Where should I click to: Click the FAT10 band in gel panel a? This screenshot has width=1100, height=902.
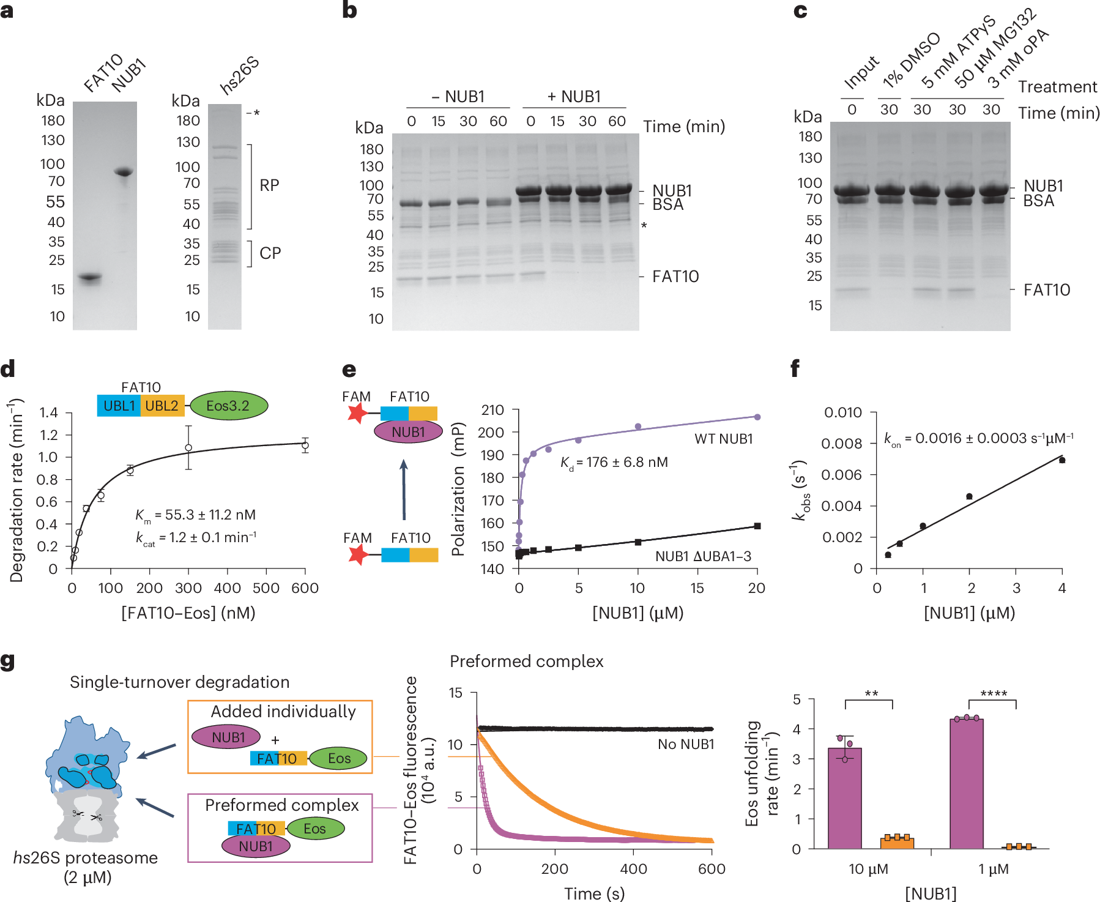[90, 278]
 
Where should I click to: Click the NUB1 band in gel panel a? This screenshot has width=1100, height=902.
[124, 172]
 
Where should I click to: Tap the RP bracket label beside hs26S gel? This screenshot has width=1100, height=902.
[269, 185]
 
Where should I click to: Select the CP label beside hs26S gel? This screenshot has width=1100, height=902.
[270, 253]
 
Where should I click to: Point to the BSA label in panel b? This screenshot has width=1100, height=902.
[667, 205]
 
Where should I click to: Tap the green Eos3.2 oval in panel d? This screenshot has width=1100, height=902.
[228, 406]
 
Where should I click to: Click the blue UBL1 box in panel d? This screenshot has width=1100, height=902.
[119, 406]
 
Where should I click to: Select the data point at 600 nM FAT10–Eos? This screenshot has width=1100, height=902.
[305, 445]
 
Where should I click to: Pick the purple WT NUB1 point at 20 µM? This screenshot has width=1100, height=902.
[757, 417]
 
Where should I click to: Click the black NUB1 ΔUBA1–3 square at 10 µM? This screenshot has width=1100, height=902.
[638, 542]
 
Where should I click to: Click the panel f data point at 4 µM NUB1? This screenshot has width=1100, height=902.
[1062, 460]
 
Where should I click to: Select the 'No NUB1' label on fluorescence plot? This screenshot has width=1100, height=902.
[685, 744]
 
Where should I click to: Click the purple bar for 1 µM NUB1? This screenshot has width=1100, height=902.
[967, 783]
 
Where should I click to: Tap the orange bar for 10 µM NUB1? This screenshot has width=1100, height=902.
[896, 843]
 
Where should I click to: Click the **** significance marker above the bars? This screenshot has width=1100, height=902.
[993, 694]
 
